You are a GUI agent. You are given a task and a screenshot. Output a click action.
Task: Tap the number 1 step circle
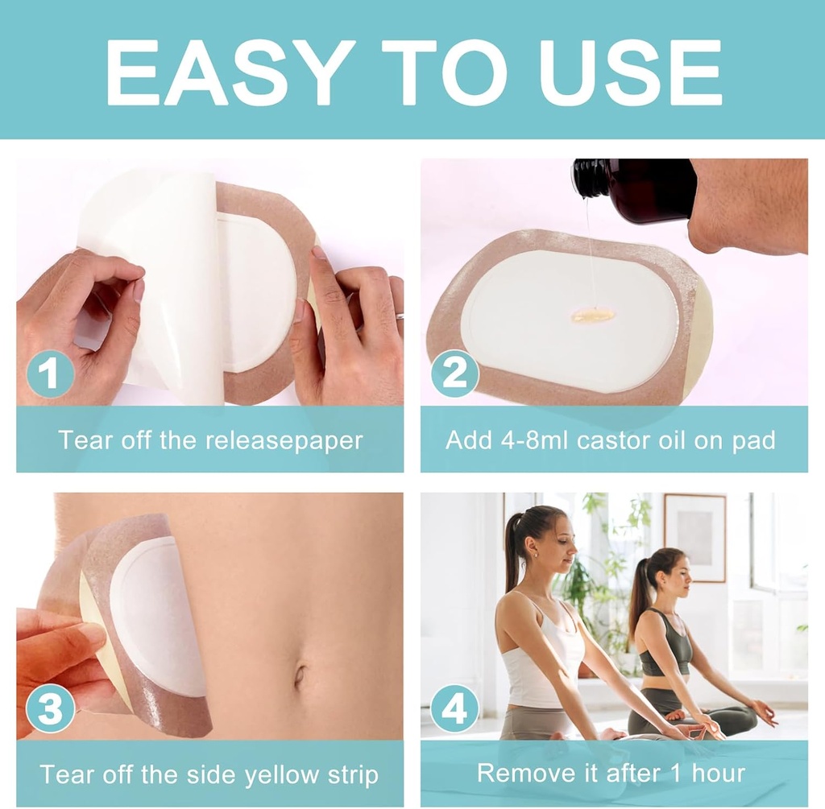[50, 375]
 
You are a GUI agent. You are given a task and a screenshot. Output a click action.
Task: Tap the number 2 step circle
[454, 375]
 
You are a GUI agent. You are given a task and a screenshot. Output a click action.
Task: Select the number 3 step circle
[50, 709]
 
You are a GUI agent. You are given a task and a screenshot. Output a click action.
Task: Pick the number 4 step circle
[454, 709]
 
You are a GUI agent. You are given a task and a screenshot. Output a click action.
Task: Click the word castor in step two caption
[635, 440]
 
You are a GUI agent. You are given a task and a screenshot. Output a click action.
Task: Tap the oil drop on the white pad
[593, 316]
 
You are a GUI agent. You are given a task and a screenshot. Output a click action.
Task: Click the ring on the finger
[400, 316]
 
